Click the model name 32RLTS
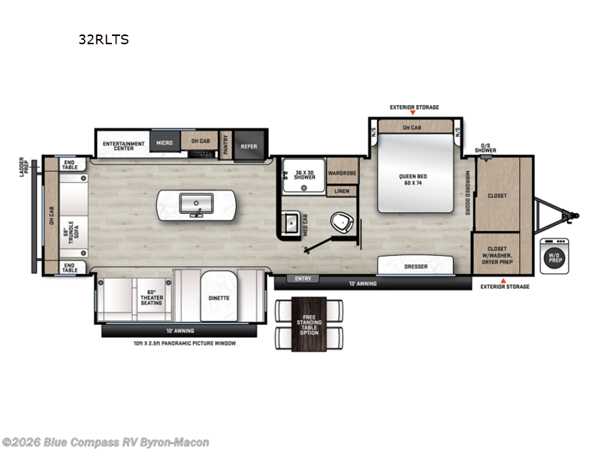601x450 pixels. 103,40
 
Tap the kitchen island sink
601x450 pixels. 196,202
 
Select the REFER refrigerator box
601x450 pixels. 249,146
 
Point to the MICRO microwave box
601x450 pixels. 165,142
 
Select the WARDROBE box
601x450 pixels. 341,171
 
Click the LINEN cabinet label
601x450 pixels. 342,191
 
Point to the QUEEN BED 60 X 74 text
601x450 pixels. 413,180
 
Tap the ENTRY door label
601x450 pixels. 304,278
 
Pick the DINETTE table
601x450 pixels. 219,298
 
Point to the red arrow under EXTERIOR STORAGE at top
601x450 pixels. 414,114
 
